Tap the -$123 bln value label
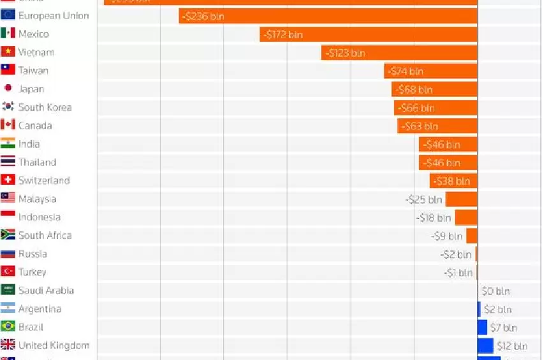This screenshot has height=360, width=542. [x=344, y=53]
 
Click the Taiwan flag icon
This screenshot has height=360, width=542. [x=8, y=70]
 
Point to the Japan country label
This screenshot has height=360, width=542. [x=31, y=89]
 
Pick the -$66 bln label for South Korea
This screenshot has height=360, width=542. [x=415, y=108]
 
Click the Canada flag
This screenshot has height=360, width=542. [x=8, y=126]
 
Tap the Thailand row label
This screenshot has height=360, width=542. [x=38, y=162]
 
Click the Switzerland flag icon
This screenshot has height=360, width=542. [x=8, y=180]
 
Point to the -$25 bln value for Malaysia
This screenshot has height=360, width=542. [x=424, y=199]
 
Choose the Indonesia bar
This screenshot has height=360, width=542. [x=466, y=218]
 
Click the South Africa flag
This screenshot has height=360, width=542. [x=8, y=235]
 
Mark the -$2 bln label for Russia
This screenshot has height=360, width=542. [x=456, y=255]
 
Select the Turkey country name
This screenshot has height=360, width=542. [x=33, y=272]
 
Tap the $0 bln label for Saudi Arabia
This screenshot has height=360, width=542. [x=496, y=291]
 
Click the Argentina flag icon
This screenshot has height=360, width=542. [x=8, y=309]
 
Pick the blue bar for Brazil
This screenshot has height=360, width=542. [x=482, y=328]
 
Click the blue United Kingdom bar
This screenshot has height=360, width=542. [x=485, y=346]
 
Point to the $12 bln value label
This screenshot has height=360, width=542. [x=513, y=346]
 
